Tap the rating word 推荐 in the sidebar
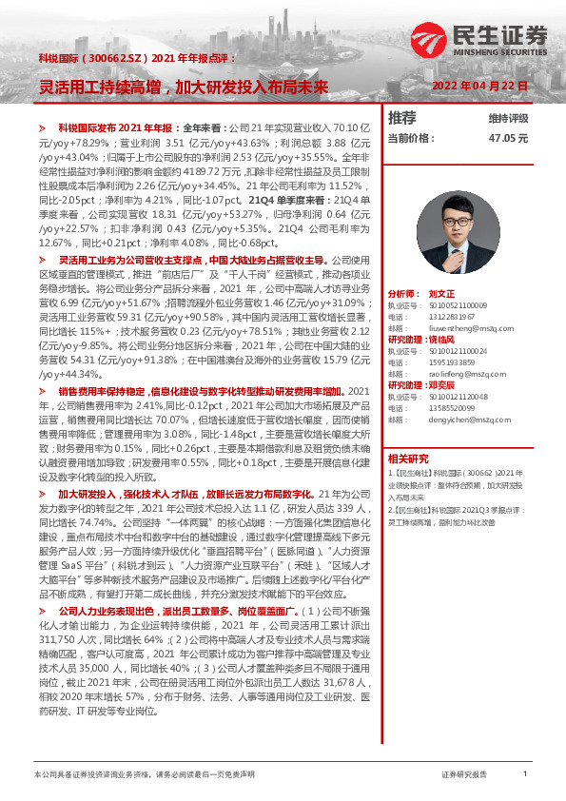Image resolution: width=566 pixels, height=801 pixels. tap(403, 118)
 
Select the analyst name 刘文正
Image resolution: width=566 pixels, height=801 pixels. tap(444, 295)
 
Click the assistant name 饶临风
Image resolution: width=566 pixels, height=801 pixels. tap(443, 339)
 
